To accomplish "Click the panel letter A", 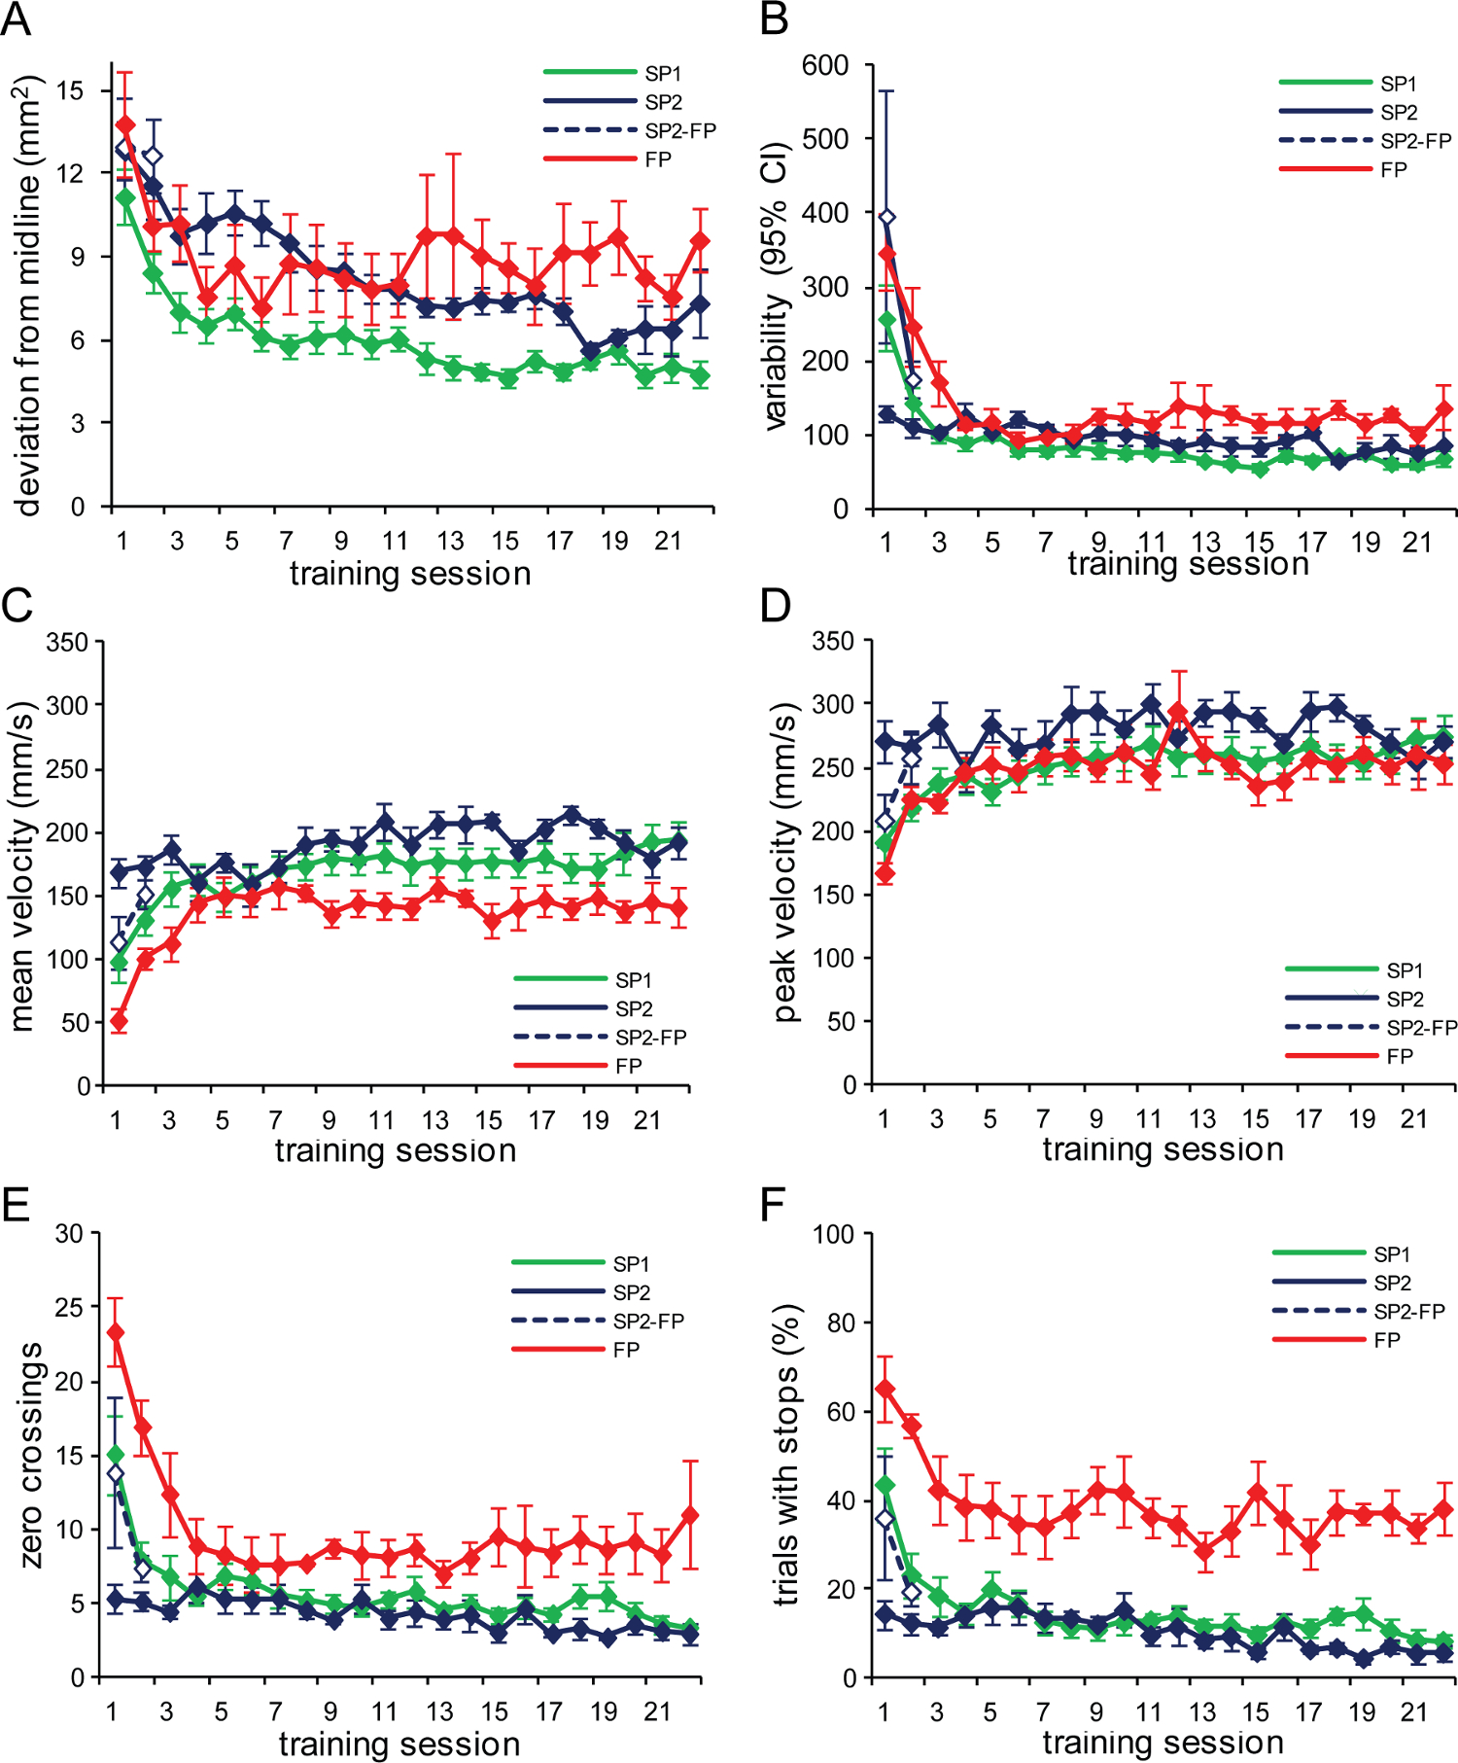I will [x=17, y=19].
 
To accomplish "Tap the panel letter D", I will [x=776, y=606].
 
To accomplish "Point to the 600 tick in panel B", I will [x=824, y=65].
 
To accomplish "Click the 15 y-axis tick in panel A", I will [x=70, y=90].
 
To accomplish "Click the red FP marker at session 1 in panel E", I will [x=116, y=1332].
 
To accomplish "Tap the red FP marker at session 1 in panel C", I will [x=119, y=1021].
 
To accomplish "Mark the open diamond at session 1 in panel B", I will [x=886, y=217].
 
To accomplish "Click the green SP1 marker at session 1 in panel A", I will [x=124, y=197].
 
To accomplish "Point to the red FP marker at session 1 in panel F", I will [x=885, y=1389].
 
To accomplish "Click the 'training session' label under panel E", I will [x=399, y=1744].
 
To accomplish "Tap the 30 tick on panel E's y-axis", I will [x=69, y=1234].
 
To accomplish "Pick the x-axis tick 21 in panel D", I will [x=1413, y=1118].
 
